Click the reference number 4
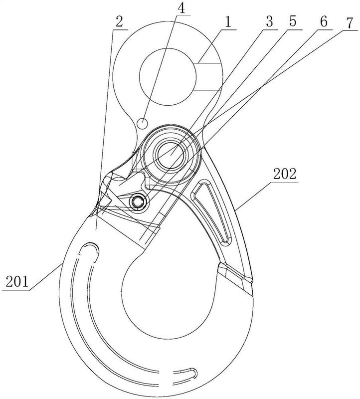[181, 8]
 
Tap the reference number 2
[119, 22]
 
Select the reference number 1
[228, 22]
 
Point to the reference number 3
[269, 21]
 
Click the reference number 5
[293, 21]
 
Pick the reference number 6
[324, 22]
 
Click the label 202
[285, 174]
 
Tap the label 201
[17, 282]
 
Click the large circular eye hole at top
[168, 77]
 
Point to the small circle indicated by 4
[143, 123]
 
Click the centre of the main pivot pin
[171, 155]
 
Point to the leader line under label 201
[46, 277]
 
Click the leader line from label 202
[254, 195]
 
